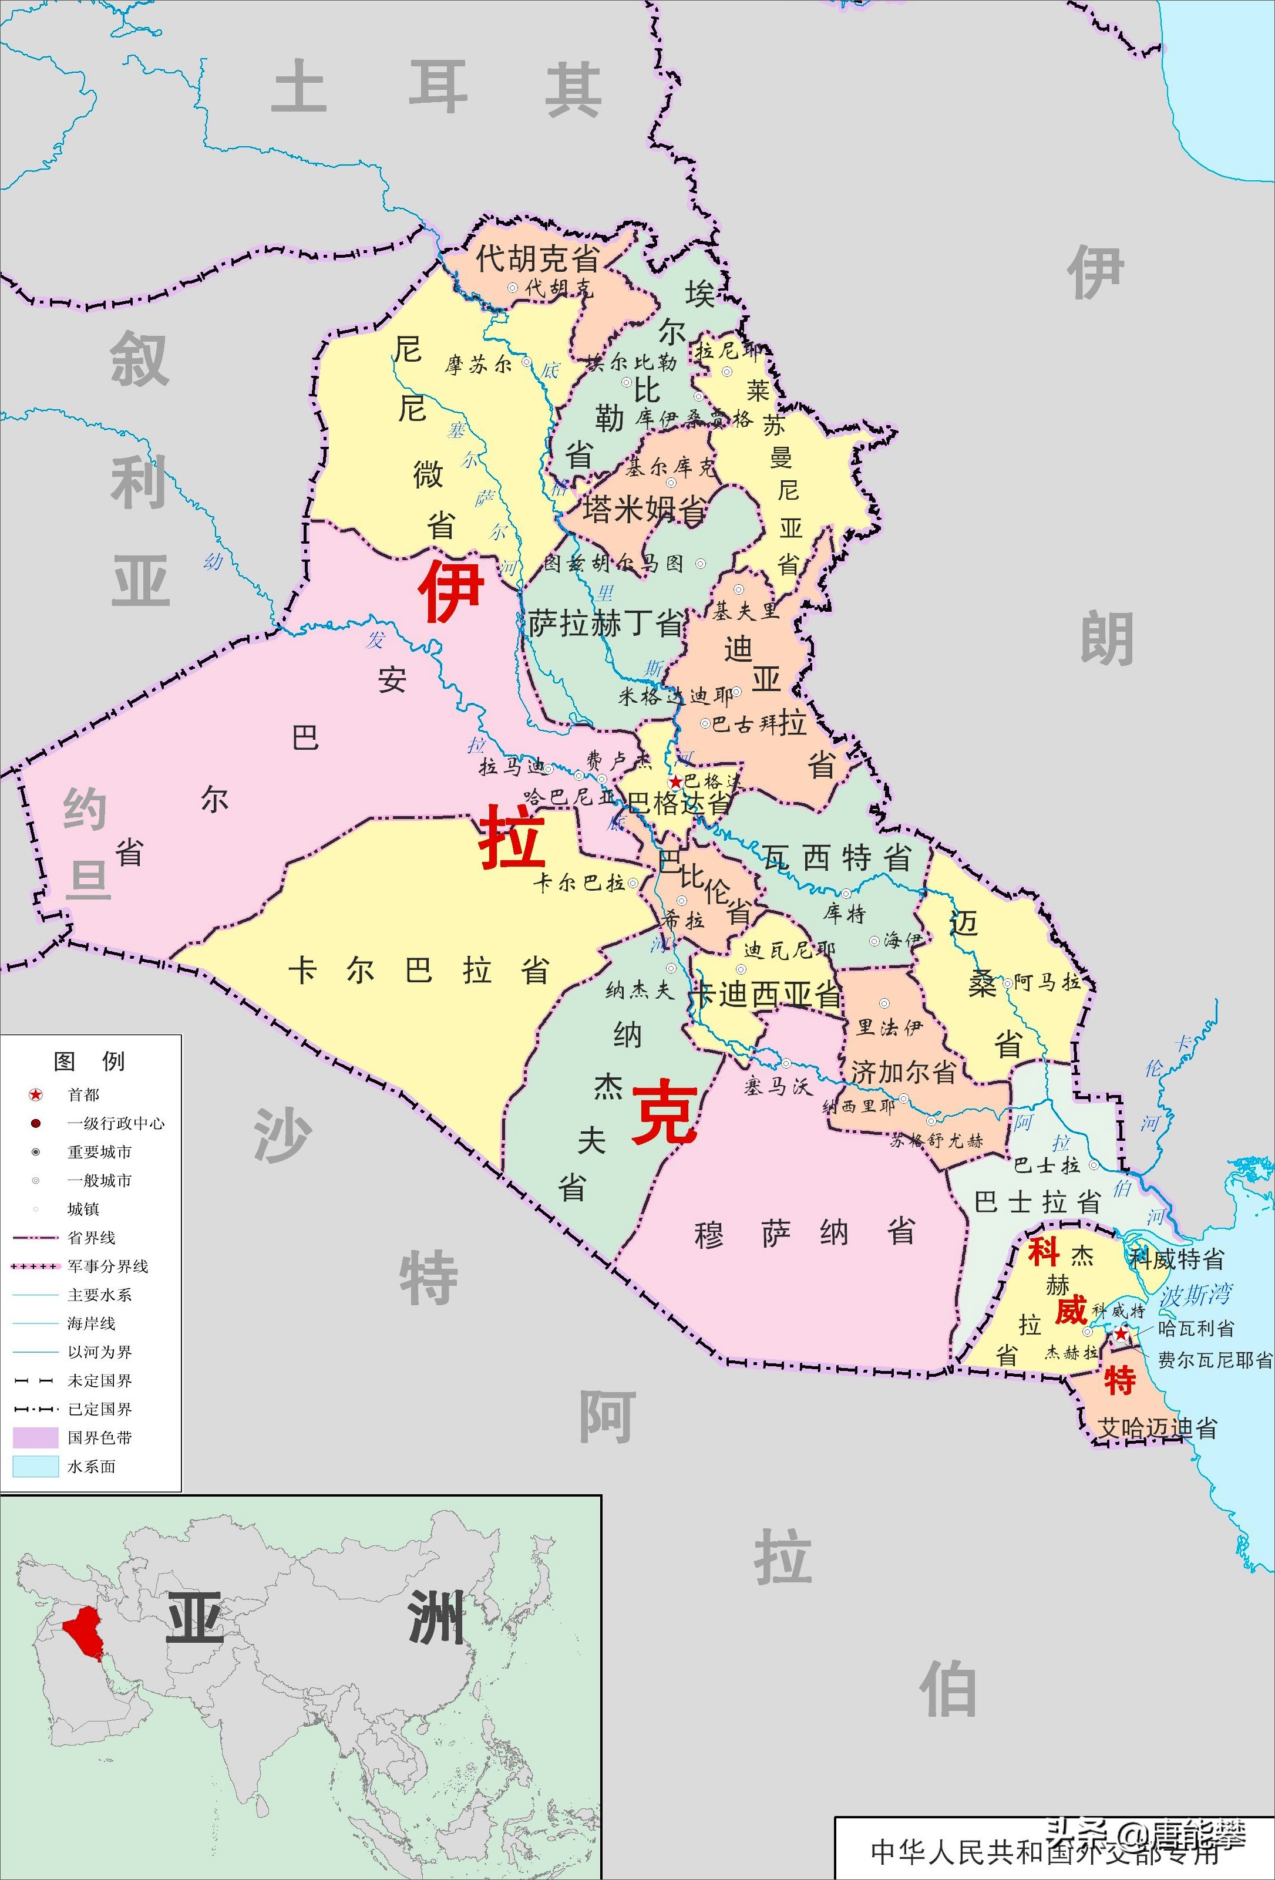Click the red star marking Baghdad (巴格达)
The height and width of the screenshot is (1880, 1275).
pyautogui.click(x=675, y=782)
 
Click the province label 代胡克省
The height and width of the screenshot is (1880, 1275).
pyautogui.click(x=537, y=259)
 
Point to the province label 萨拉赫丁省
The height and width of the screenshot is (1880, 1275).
pyautogui.click(x=606, y=624)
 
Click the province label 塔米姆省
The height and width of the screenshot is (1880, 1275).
pyautogui.click(x=643, y=510)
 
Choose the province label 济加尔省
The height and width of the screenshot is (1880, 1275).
pyautogui.click(x=903, y=1073)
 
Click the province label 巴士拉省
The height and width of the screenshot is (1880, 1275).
pyautogui.click(x=1037, y=1201)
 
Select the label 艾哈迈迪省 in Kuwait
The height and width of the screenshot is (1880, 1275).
pyautogui.click(x=1157, y=1428)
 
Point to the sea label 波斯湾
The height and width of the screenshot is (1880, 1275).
pyautogui.click(x=1196, y=1295)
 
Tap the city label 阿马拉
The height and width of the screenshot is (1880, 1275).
pyautogui.click(x=1048, y=982)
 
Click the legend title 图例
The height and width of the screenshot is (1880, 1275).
pyautogui.click(x=89, y=1060)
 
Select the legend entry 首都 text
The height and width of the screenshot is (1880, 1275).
pyautogui.click(x=83, y=1094)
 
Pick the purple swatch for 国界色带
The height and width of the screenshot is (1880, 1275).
pyautogui.click(x=36, y=1437)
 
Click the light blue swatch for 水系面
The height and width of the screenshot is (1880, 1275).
pyautogui.click(x=36, y=1466)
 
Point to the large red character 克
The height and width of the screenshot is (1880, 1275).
pyautogui.click(x=664, y=1114)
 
